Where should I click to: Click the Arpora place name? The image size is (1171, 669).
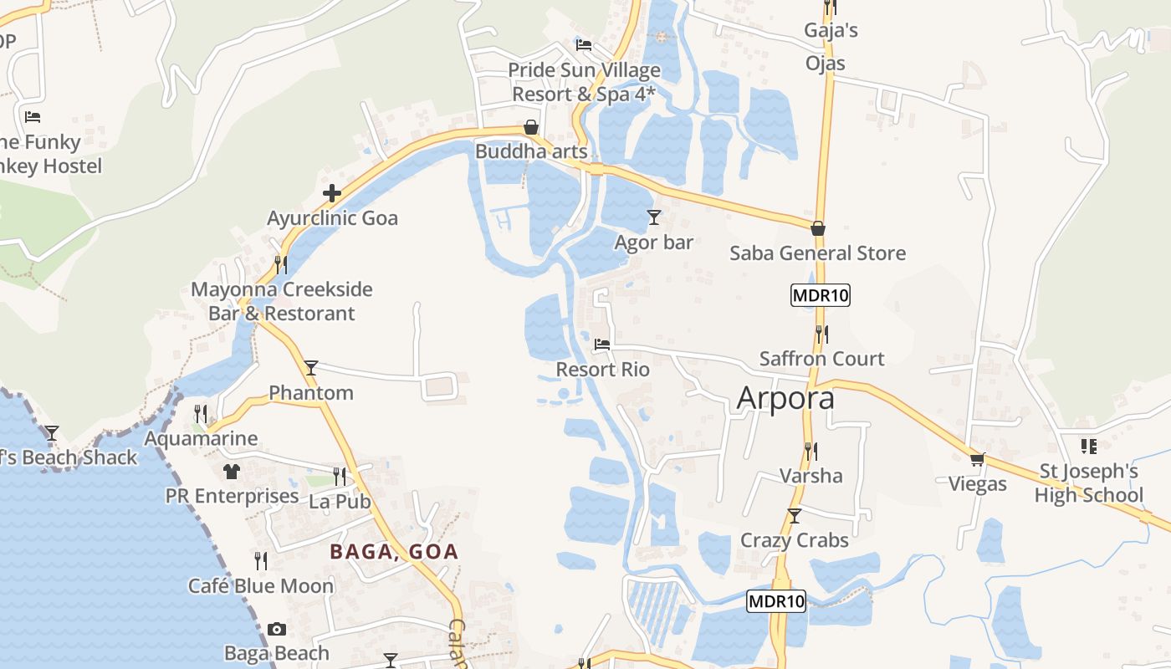[785, 398]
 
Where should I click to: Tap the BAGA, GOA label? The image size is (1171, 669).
[394, 552]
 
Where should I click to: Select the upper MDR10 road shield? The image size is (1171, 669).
[820, 295]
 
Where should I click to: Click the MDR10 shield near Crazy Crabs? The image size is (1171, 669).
[776, 600]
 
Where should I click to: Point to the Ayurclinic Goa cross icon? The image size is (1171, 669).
[332, 194]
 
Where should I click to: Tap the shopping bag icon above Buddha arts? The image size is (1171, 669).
[531, 127]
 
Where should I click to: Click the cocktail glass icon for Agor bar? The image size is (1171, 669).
[654, 217]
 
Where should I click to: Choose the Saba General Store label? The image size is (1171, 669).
[817, 253]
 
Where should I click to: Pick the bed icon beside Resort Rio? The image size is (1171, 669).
[602, 344]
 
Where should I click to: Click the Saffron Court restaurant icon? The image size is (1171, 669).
[822, 334]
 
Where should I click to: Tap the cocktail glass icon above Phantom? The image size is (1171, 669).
[311, 367]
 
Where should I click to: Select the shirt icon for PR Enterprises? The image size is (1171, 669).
[232, 472]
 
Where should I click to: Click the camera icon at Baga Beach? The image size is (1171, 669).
[277, 629]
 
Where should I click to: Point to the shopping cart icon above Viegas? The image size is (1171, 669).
[977, 459]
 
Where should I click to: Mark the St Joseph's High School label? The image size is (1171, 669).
[1088, 483]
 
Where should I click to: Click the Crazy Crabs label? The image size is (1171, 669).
[794, 540]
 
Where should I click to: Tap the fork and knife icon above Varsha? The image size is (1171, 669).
[810, 452]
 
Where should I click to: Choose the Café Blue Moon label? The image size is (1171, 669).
[261, 586]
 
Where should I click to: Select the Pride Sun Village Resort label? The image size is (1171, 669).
[584, 82]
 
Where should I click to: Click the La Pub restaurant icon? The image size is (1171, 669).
[339, 477]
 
